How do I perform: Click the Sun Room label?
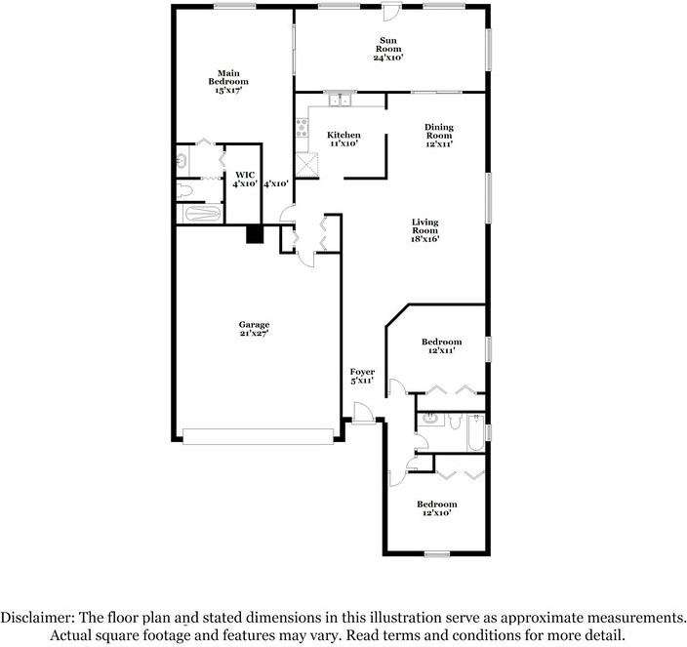pyautogui.click(x=388, y=49)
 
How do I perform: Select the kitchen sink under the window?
pyautogui.click(x=339, y=100)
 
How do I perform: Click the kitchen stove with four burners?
pyautogui.click(x=302, y=126)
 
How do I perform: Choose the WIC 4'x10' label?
pyautogui.click(x=244, y=179)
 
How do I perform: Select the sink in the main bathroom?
pyautogui.click(x=182, y=158)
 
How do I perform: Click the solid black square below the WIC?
pyautogui.click(x=254, y=234)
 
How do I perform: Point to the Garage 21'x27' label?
pyautogui.click(x=255, y=329)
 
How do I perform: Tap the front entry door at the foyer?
pyautogui.click(x=363, y=420)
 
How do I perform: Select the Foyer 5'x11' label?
pyautogui.click(x=362, y=376)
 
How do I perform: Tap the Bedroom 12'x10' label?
pyautogui.click(x=436, y=508)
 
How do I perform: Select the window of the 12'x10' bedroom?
pyautogui.click(x=436, y=554)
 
